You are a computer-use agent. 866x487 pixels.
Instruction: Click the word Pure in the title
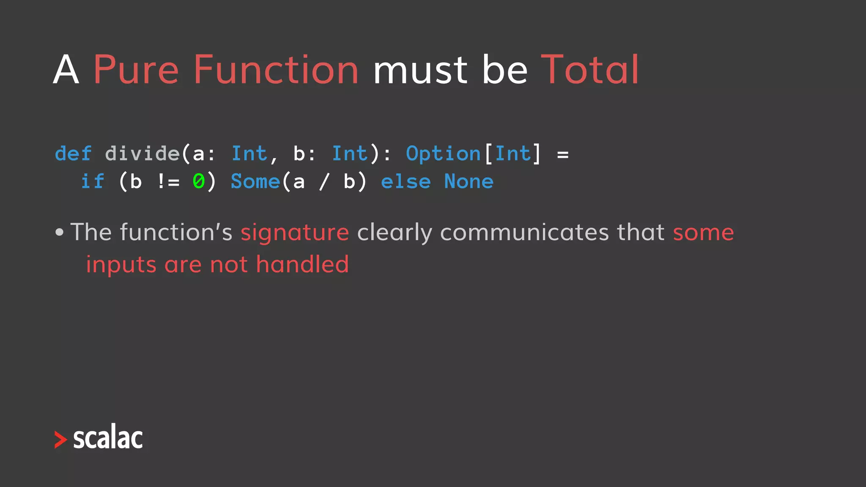point(135,70)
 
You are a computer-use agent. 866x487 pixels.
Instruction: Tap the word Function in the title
point(276,69)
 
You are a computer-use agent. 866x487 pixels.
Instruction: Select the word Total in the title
point(589,69)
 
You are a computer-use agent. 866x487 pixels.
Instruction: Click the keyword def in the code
point(73,153)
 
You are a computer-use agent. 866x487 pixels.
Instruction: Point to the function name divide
point(142,153)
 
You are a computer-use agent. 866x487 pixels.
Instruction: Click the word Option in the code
point(443,153)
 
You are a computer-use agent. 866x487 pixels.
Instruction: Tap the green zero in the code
point(198,182)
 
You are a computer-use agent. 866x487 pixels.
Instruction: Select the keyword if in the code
point(92,182)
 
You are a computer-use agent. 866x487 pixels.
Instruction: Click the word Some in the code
point(255,182)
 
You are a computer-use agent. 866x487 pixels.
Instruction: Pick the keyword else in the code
point(406,182)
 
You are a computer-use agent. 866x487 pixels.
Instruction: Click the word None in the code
point(469,182)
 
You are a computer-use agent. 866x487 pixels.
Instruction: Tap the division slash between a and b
point(324,182)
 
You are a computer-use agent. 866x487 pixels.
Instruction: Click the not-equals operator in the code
point(168,182)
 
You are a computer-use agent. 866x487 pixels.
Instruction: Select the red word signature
point(295,233)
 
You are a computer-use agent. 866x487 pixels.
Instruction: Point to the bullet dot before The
point(60,232)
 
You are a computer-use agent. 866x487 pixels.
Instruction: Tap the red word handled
point(302,265)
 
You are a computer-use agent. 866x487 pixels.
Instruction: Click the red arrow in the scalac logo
point(60,440)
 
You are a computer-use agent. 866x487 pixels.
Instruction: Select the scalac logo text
point(108,437)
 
